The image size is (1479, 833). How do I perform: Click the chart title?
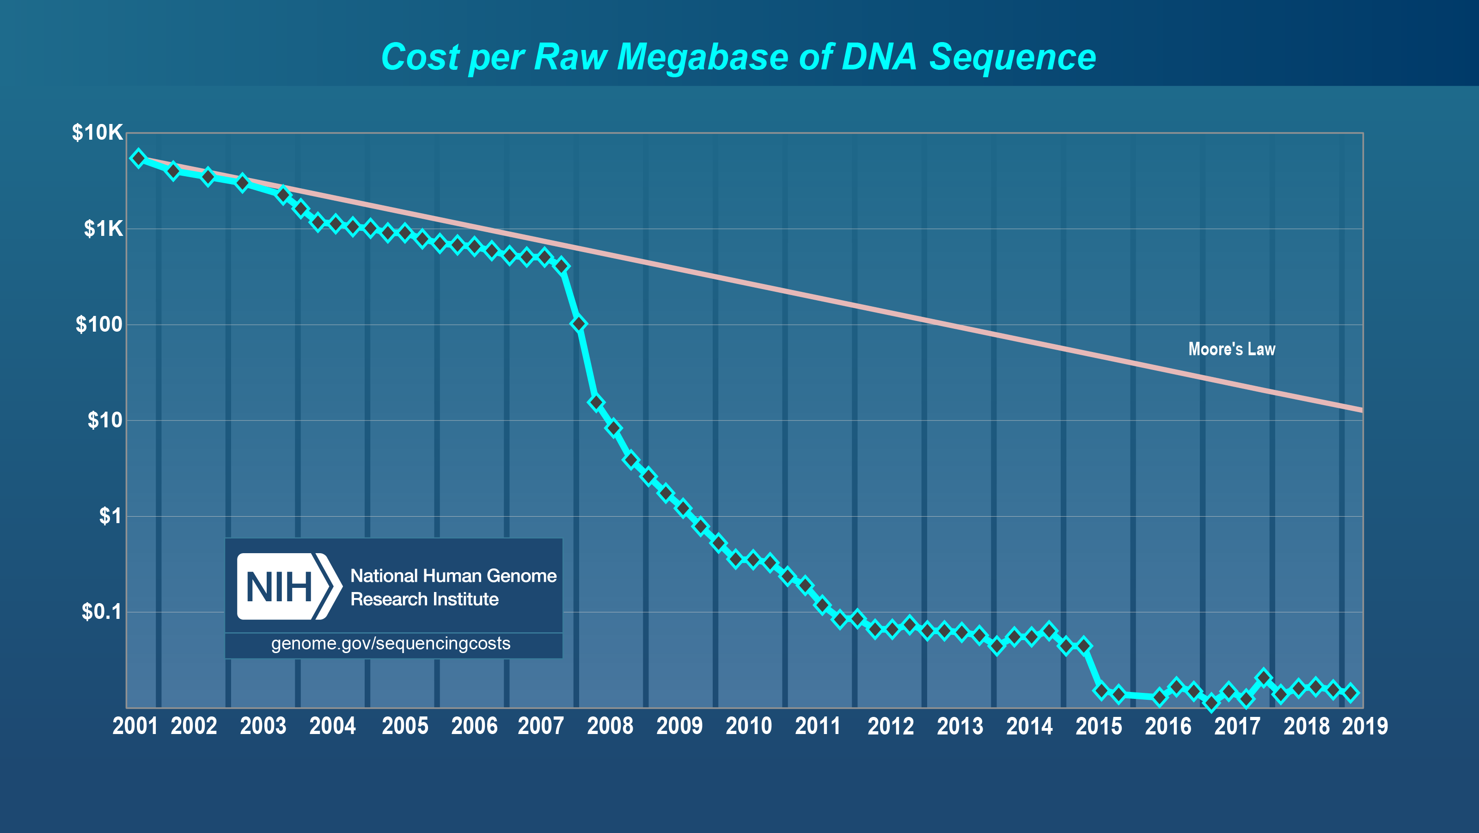pyautogui.click(x=739, y=57)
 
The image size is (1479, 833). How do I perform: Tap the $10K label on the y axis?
pyautogui.click(x=97, y=133)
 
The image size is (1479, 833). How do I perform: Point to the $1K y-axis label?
pyautogui.click(x=104, y=228)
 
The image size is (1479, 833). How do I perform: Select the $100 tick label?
pyautogui.click(x=99, y=325)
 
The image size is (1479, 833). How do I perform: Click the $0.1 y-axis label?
pyautogui.click(x=102, y=612)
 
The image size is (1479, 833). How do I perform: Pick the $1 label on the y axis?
pyautogui.click(x=110, y=516)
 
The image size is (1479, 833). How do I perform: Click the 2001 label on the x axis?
pyautogui.click(x=135, y=726)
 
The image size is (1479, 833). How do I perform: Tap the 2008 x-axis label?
pyautogui.click(x=610, y=726)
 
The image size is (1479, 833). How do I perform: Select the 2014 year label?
pyautogui.click(x=1029, y=726)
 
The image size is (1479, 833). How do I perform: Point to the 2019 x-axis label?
pyautogui.click(x=1365, y=726)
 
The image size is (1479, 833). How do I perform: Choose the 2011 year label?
pyautogui.click(x=818, y=726)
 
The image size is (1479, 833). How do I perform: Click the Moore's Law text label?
pyautogui.click(x=1232, y=349)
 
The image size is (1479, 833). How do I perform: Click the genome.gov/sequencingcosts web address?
pyautogui.click(x=391, y=643)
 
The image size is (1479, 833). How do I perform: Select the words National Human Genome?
pyautogui.click(x=453, y=576)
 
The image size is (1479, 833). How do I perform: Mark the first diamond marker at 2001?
pyautogui.click(x=138, y=158)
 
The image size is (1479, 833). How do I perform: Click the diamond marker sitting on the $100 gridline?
pyautogui.click(x=579, y=324)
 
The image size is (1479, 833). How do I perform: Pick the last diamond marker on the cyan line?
pyautogui.click(x=1351, y=693)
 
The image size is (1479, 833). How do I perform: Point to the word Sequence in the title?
pyautogui.click(x=1013, y=57)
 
